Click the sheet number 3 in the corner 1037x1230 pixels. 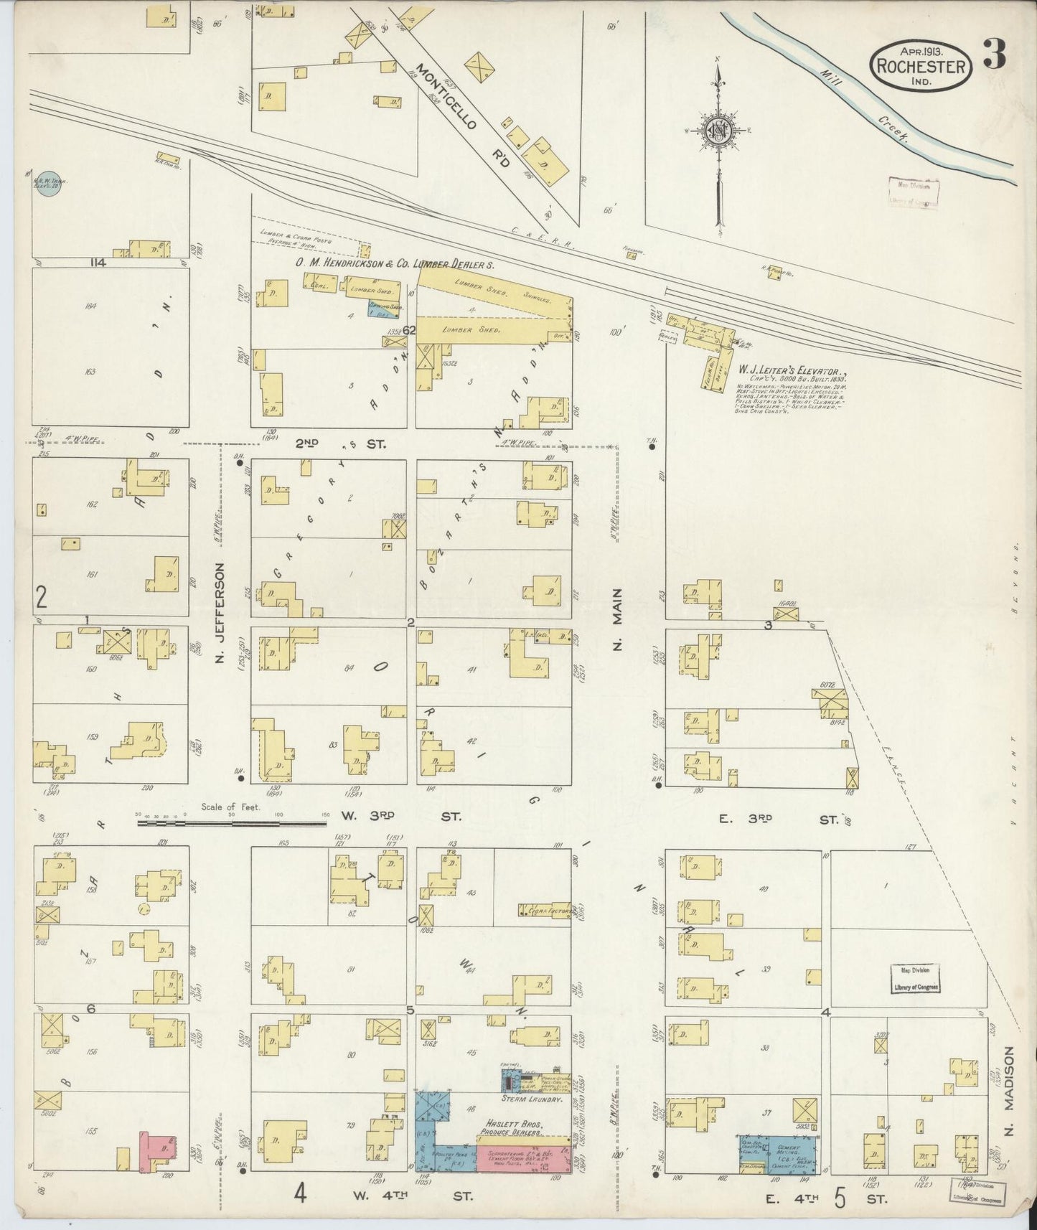click(994, 54)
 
